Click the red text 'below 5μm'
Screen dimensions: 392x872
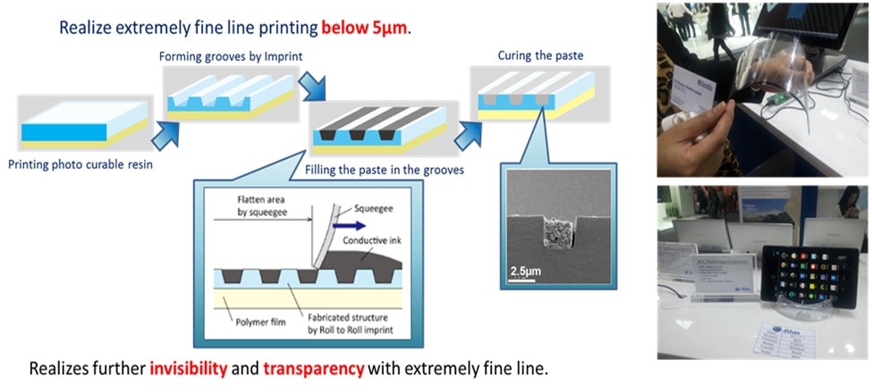365,28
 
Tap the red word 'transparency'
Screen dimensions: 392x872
313,368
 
